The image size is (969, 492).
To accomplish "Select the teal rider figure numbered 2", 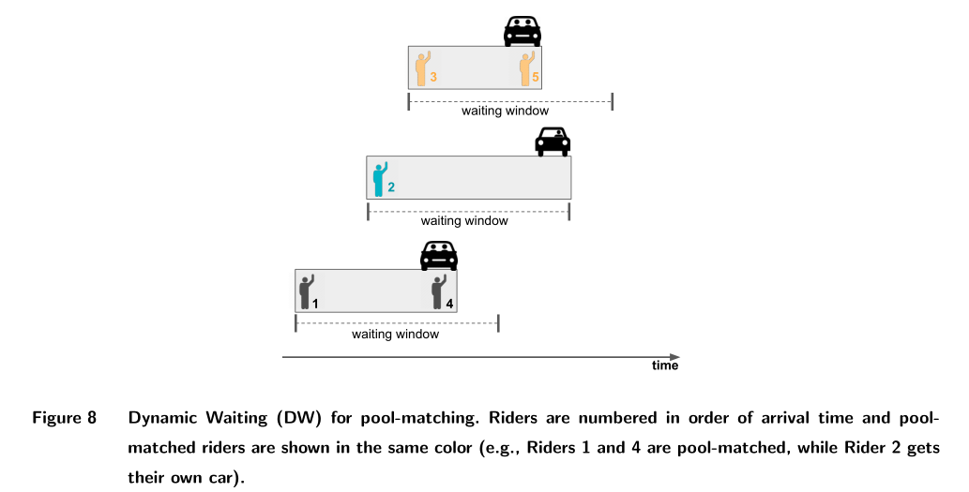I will pyautogui.click(x=380, y=178).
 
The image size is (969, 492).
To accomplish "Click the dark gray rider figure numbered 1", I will pyautogui.click(x=306, y=291).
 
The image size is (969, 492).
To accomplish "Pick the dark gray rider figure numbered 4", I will pyautogui.click(x=438, y=291).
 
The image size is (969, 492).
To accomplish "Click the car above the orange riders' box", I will pyautogui.click(x=522, y=32).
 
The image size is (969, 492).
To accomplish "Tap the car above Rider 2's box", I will pyautogui.click(x=553, y=142).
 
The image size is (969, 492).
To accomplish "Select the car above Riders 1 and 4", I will pyautogui.click(x=438, y=255).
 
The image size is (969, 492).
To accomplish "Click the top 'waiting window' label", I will pyautogui.click(x=505, y=111).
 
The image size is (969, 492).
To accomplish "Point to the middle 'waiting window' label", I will pyautogui.click(x=464, y=221).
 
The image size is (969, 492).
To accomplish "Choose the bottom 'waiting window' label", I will pyautogui.click(x=395, y=334).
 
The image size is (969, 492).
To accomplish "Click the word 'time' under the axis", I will pyautogui.click(x=664, y=365).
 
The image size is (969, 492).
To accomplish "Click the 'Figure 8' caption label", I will pyautogui.click(x=65, y=418).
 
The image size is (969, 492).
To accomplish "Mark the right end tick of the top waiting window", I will pyautogui.click(x=613, y=101).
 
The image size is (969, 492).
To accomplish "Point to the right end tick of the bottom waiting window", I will pyautogui.click(x=498, y=323).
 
